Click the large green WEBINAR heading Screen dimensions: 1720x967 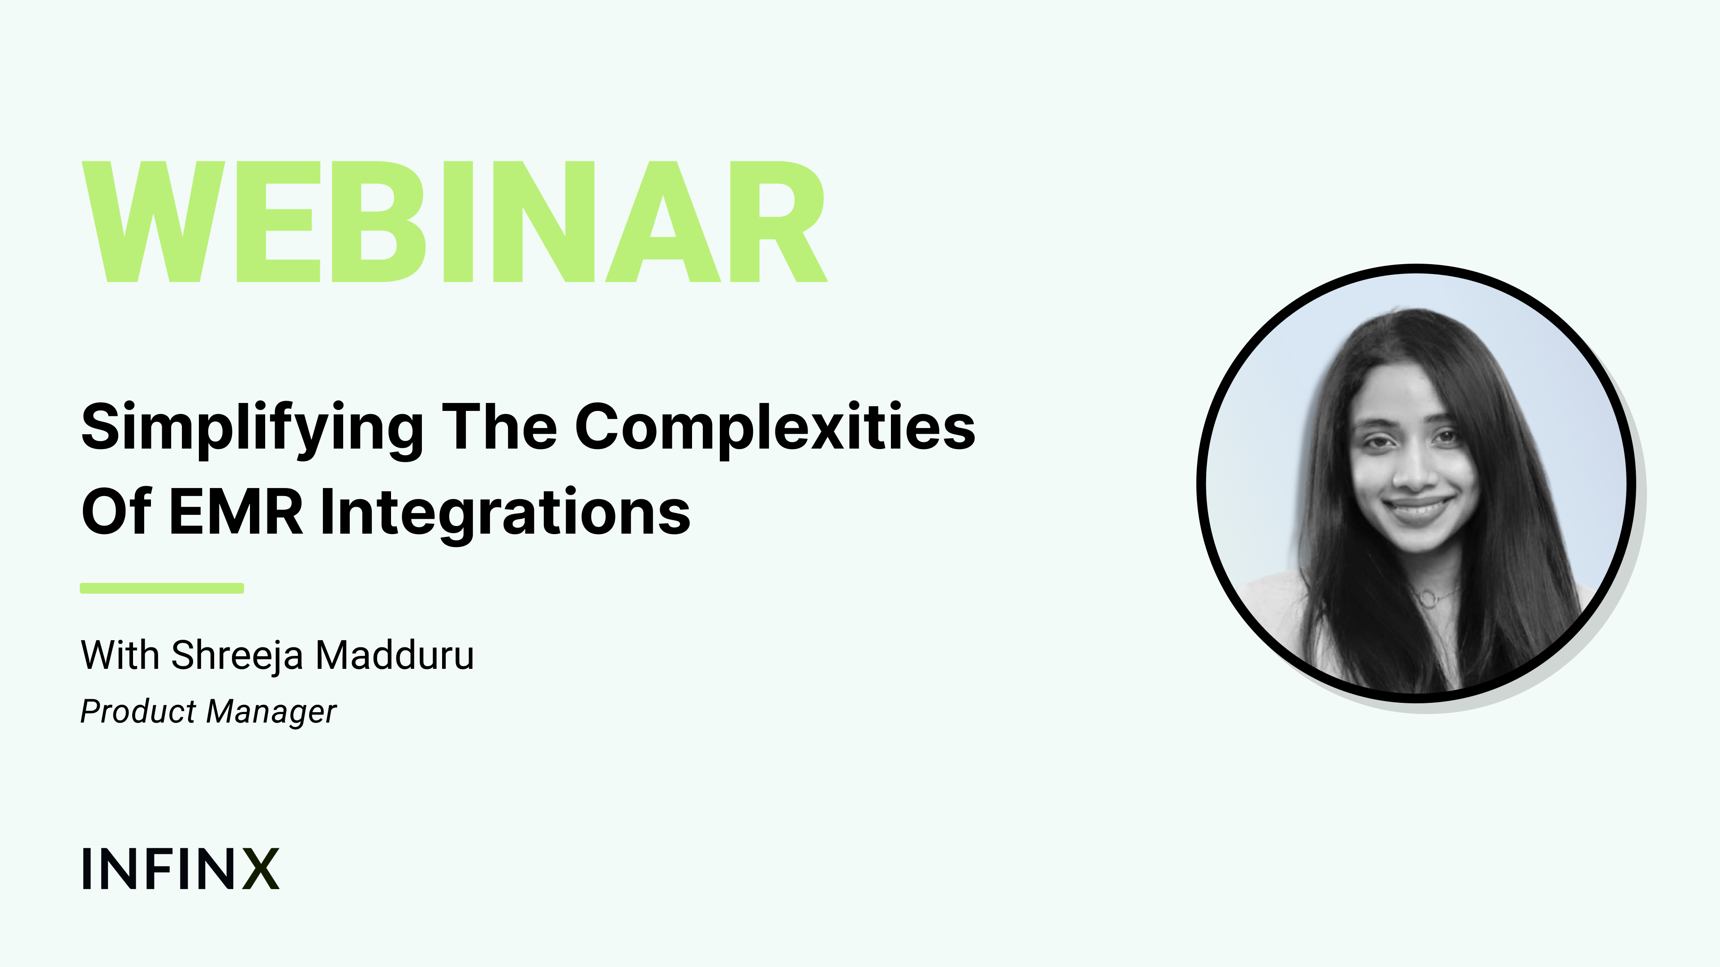point(454,222)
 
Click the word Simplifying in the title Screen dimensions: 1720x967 point(252,429)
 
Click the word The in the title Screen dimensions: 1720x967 point(499,427)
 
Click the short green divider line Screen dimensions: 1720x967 point(162,588)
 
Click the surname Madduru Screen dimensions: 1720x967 point(395,655)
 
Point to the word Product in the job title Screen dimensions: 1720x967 point(139,711)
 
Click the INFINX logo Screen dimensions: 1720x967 point(180,869)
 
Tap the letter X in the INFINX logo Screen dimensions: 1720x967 point(260,869)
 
